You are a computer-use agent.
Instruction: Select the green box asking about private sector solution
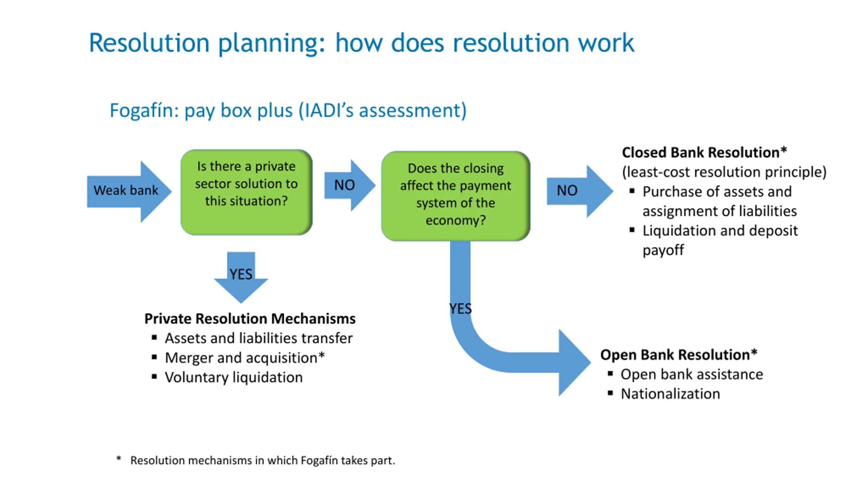tap(246, 192)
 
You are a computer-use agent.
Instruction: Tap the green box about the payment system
tap(456, 196)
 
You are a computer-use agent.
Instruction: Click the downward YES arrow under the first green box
tap(241, 277)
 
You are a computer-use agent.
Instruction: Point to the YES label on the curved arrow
tap(460, 309)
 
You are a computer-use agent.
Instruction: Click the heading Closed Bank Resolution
tap(704, 152)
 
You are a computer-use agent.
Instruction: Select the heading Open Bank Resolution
tap(678, 355)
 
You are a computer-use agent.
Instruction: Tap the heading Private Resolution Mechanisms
tap(250, 319)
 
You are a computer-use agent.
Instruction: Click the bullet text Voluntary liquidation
tap(234, 378)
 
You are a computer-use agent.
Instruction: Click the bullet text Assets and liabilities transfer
tap(259, 338)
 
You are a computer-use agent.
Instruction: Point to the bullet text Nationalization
tap(670, 394)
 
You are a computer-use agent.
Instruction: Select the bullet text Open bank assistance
tap(692, 374)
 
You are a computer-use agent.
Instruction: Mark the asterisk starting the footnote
tap(119, 459)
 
